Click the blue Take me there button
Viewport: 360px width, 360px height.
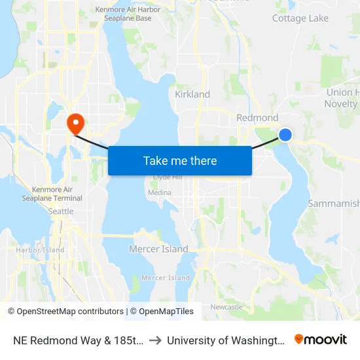pyautogui.click(x=179, y=160)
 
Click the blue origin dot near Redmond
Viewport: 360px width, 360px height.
pyautogui.click(x=285, y=135)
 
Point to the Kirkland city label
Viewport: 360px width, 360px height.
pyautogui.click(x=192, y=94)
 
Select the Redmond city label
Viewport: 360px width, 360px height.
pyautogui.click(x=257, y=118)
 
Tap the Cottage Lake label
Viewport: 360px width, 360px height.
pyautogui.click(x=300, y=18)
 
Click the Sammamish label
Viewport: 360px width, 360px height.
pyautogui.click(x=333, y=204)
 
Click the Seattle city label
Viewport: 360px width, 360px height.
pyautogui.click(x=61, y=211)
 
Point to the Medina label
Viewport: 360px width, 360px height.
pyautogui.click(x=160, y=192)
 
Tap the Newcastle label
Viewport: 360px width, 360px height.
pyautogui.click(x=226, y=307)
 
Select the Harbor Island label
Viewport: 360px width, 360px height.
pyautogui.click(x=40, y=250)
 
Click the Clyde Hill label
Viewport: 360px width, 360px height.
pyautogui.click(x=163, y=177)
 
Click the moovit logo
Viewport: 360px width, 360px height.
pyautogui.click(x=321, y=340)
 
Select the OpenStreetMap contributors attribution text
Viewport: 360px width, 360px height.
pyautogui.click(x=65, y=312)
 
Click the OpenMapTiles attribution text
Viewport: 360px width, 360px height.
pyautogui.click(x=162, y=312)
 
